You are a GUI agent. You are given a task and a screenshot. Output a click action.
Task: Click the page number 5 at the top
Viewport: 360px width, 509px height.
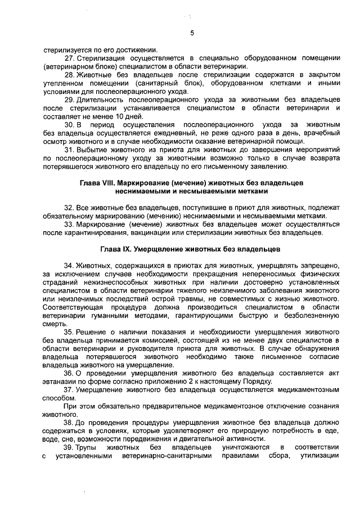coord(192,33)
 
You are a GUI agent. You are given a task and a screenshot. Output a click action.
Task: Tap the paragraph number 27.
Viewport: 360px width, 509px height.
coord(69,58)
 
